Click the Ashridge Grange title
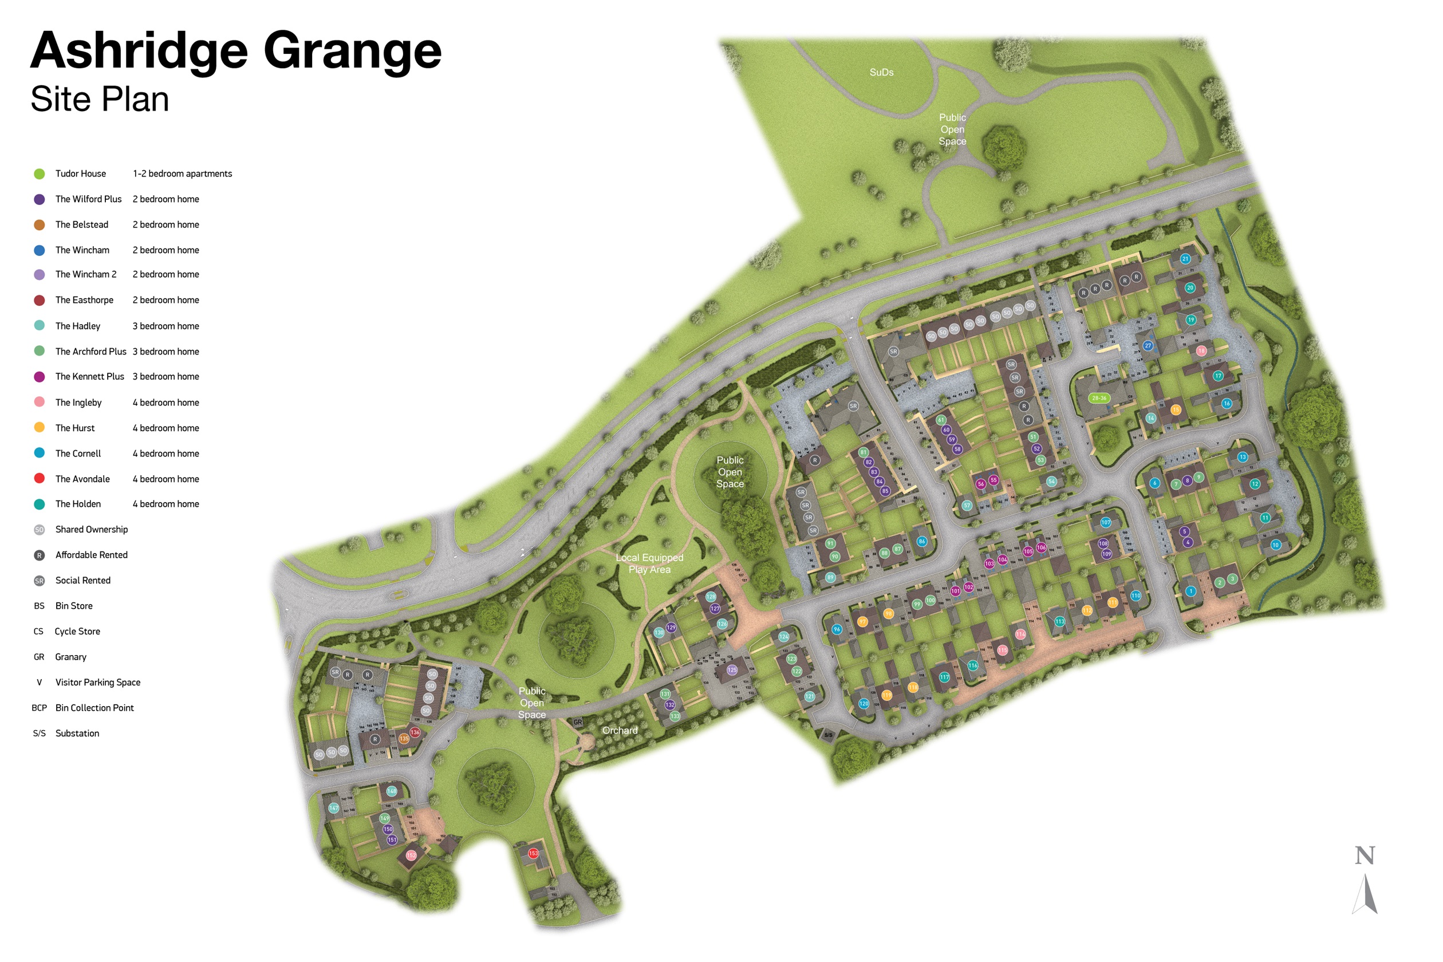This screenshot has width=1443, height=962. coord(235,51)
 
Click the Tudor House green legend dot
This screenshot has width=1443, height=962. coord(40,174)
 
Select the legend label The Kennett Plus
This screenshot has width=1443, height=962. coord(89,377)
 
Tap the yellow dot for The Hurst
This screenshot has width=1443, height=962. coord(40,428)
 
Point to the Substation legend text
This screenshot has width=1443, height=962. coord(77,733)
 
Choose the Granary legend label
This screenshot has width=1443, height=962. coord(70,657)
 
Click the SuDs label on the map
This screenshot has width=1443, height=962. coord(881,72)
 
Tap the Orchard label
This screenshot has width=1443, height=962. coord(620,731)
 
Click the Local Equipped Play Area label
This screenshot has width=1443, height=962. coord(649,563)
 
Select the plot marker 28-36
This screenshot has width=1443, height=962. coord(1099,398)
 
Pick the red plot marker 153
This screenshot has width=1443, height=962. coord(533,853)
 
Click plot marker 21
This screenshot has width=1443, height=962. coord(1185,259)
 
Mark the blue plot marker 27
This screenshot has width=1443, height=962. coord(1148,345)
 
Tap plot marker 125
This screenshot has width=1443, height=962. coord(732,670)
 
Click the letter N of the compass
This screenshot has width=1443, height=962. coord(1365,855)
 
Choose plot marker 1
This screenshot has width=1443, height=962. coord(1190,592)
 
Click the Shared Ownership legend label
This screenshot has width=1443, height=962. coord(92,530)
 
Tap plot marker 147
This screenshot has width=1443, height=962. coord(334,808)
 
